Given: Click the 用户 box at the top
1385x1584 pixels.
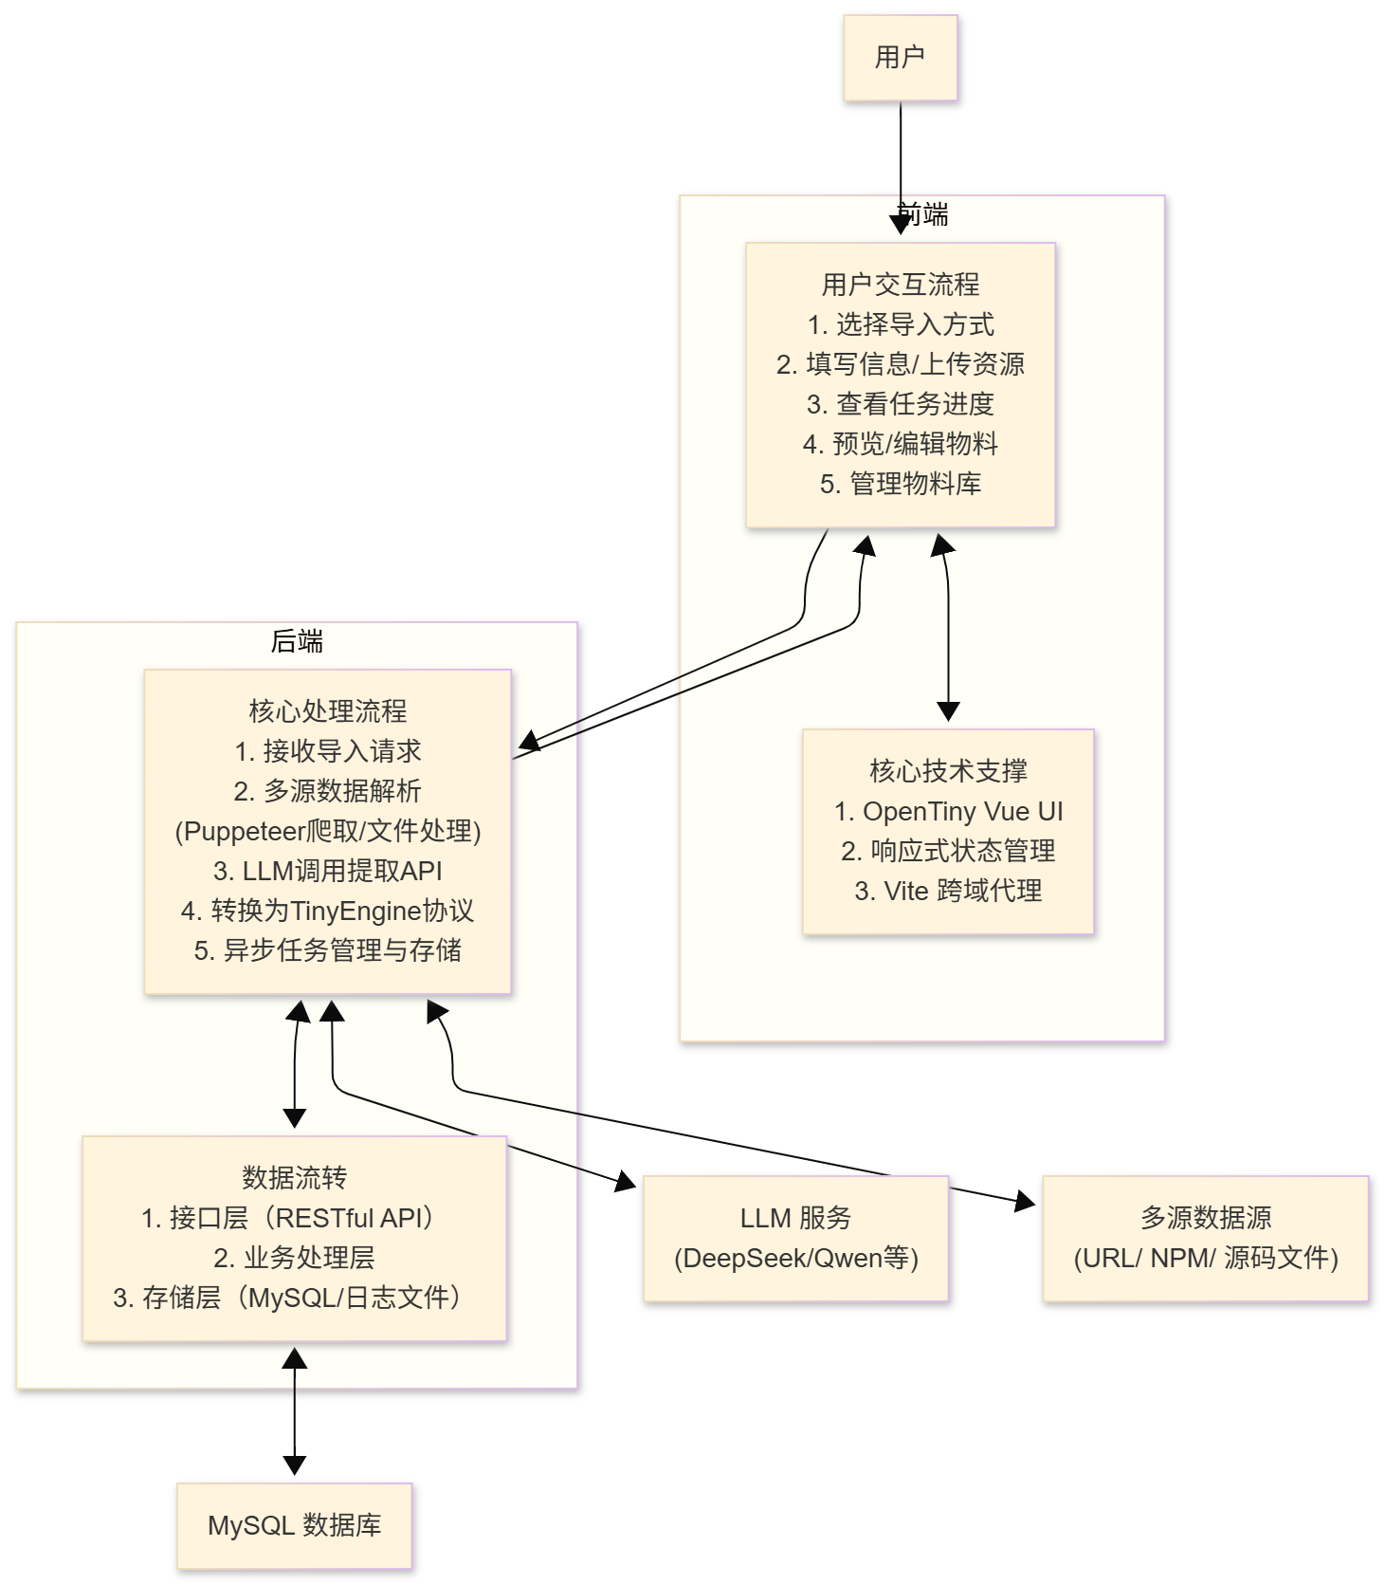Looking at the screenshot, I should [900, 58].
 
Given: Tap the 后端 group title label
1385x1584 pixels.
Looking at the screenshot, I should [297, 642].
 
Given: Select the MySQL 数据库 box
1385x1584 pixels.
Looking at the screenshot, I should [294, 1525].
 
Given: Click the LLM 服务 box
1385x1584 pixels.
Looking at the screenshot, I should [795, 1238].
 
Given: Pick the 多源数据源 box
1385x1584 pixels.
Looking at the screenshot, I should [1205, 1238].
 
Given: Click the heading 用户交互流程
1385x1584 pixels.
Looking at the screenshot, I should [900, 285].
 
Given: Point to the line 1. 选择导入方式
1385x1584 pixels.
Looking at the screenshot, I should [900, 324].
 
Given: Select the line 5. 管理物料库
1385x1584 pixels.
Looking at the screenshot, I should [900, 484].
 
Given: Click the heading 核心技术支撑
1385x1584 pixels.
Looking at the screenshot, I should [948, 771].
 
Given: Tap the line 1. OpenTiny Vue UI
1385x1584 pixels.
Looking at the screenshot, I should [948, 812].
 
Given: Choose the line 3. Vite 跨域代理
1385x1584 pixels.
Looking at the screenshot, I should [948, 891].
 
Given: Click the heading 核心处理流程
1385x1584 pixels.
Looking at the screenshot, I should [327, 711].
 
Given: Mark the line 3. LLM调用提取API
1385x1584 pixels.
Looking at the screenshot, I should [327, 871].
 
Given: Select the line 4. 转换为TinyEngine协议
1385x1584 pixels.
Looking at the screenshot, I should [327, 911].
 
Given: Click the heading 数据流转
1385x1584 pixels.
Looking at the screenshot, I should [294, 1178].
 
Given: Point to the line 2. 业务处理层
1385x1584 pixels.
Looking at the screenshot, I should [294, 1258].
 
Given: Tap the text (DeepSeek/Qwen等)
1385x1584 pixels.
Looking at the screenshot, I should [795, 1259].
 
